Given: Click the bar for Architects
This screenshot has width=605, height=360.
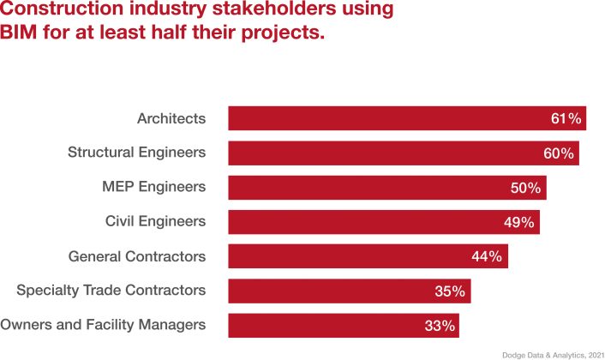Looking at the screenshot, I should pos(386,118).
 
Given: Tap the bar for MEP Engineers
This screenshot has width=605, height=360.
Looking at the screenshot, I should pos(368,188).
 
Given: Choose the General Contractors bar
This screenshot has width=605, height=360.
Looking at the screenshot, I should pos(351,256).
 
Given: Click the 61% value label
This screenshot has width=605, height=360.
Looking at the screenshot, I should pos(566,119).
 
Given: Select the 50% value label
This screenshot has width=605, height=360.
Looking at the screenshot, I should pos(525,188).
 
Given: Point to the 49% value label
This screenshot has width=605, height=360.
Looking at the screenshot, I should pos(518,223).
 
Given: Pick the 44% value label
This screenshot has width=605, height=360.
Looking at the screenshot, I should pos(488,257).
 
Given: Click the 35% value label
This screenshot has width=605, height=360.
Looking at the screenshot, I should pos(450,291).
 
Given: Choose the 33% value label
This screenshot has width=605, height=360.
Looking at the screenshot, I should pos(437,326).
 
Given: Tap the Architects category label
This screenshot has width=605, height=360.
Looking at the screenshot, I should pos(171,118).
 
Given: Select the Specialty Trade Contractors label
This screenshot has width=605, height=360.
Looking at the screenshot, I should pos(111,291).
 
